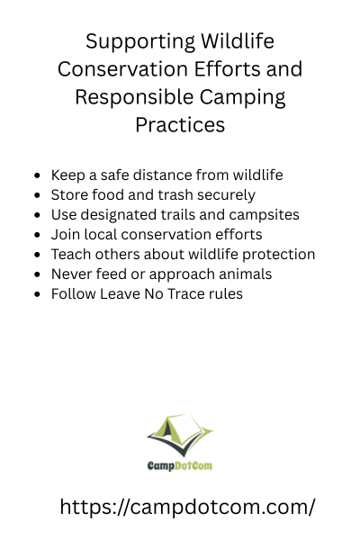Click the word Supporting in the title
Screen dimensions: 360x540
pos(141,42)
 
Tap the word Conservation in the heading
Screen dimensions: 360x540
pos(123,69)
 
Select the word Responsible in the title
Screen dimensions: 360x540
pos(134,97)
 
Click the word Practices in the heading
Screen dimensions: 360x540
pos(180,125)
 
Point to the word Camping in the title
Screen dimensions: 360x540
pos(243,98)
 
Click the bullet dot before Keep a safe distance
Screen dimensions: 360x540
pos(38,175)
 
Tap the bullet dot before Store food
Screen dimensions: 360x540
pos(38,195)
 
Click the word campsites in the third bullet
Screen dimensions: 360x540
pos(264,215)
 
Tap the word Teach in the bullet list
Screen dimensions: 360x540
pos(71,254)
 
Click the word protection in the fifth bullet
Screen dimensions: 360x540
pos(278,255)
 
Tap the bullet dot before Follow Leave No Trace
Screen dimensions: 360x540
pos(38,294)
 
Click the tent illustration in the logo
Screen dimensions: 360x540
pos(180,435)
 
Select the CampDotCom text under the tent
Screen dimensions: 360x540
pos(180,466)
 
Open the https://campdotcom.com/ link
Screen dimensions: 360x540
pos(187,508)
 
